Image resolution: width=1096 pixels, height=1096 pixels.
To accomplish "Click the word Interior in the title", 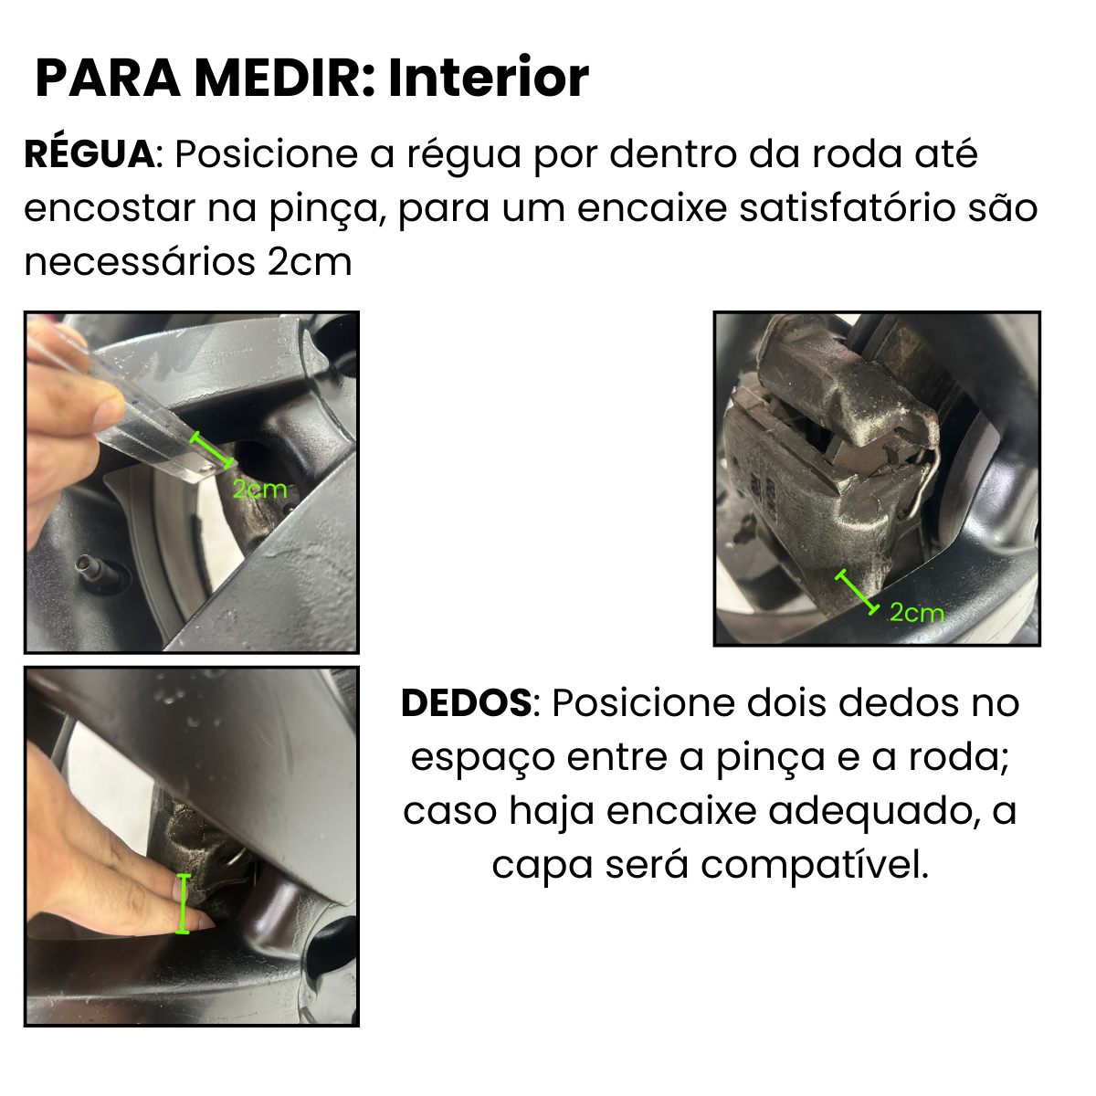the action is [x=489, y=78].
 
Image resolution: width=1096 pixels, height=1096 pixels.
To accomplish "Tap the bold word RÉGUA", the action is [x=89, y=153].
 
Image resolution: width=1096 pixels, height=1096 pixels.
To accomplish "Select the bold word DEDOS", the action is [x=467, y=703].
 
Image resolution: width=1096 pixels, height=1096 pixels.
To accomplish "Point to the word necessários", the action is [x=140, y=263].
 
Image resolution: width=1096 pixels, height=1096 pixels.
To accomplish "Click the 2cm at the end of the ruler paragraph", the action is [x=310, y=263].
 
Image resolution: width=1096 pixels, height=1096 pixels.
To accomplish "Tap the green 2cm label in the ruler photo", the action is [x=259, y=490].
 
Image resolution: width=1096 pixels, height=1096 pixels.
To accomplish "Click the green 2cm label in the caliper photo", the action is [x=916, y=613].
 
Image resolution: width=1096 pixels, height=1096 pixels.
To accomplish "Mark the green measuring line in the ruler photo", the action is [x=212, y=450].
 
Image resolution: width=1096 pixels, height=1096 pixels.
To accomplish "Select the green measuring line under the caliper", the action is [x=858, y=592].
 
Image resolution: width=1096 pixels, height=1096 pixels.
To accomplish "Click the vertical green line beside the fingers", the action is [x=183, y=903].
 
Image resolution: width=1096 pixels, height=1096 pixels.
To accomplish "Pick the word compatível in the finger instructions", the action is [x=815, y=866].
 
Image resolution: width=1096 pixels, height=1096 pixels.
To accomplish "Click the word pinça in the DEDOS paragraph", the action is [x=770, y=758].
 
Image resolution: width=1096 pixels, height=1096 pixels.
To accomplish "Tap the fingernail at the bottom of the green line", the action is [x=199, y=922].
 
